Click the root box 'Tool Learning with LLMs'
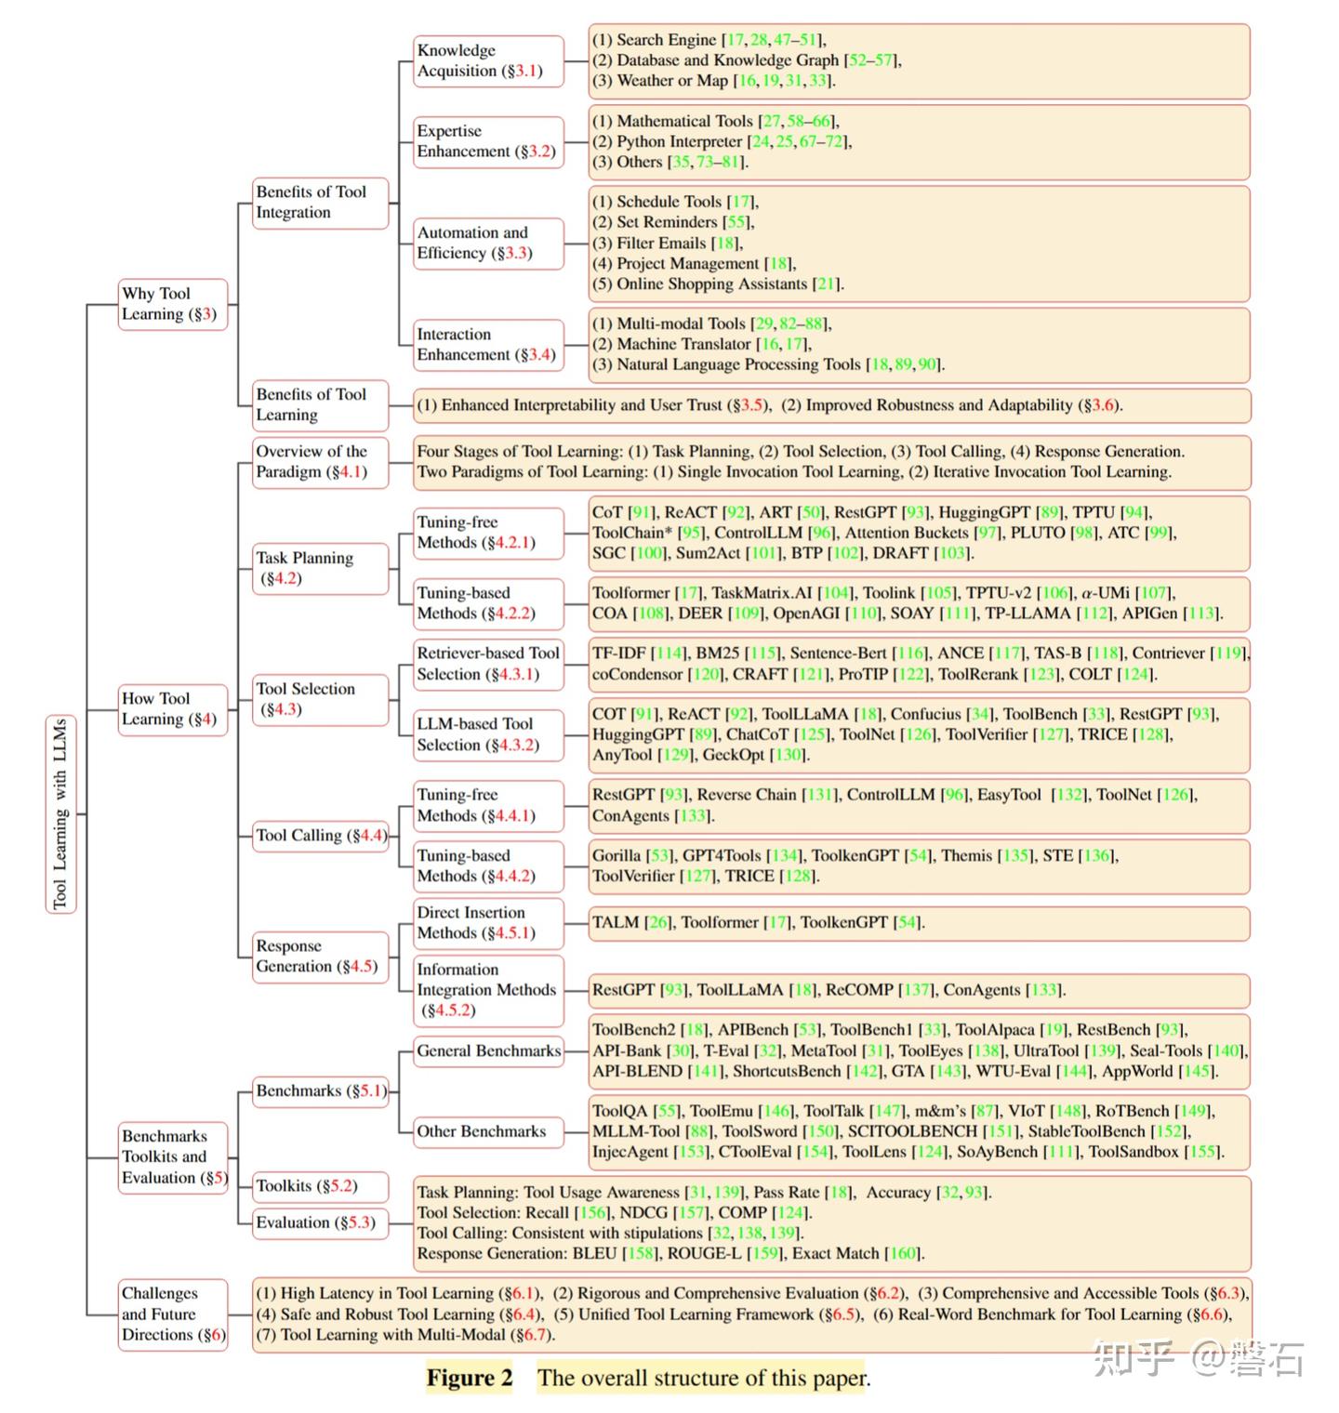click(60, 813)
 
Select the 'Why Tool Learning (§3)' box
click(172, 304)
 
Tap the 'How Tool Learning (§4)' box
click(172, 708)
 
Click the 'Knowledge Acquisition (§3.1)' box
click(488, 60)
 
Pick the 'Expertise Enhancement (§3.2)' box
click(488, 141)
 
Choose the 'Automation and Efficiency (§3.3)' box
click(488, 243)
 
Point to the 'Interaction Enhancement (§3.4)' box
click(488, 344)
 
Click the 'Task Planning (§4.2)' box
click(320, 568)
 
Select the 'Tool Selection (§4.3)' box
click(320, 699)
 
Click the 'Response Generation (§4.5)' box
click(320, 956)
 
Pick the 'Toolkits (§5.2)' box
click(320, 1185)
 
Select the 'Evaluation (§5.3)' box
click(320, 1222)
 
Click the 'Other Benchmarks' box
click(488, 1131)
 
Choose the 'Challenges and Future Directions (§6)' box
click(173, 1314)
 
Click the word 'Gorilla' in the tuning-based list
click(616, 855)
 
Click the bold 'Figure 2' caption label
click(470, 1378)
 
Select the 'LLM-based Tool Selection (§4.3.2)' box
click(488, 734)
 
